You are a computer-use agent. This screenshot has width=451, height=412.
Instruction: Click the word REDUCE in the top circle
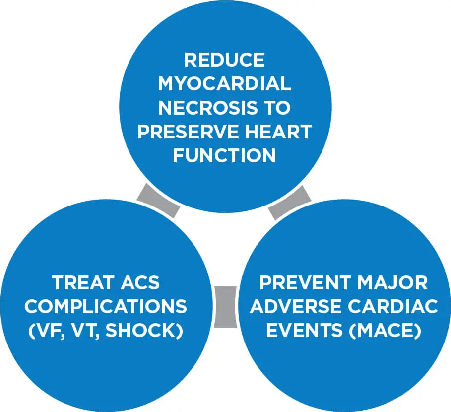[x=224, y=60]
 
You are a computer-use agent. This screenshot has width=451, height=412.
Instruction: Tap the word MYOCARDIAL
[x=224, y=84]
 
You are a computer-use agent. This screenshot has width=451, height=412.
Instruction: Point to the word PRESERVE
[x=182, y=132]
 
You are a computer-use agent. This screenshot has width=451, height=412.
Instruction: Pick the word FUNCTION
[x=224, y=155]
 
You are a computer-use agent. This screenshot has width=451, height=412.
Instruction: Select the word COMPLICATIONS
[x=106, y=307]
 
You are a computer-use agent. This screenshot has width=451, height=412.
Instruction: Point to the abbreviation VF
[x=46, y=331]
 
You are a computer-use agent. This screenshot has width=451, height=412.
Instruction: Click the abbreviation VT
[x=82, y=331]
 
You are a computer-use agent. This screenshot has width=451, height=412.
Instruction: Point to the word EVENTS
[x=301, y=331]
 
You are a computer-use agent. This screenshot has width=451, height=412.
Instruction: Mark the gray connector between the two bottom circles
[x=226, y=306]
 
